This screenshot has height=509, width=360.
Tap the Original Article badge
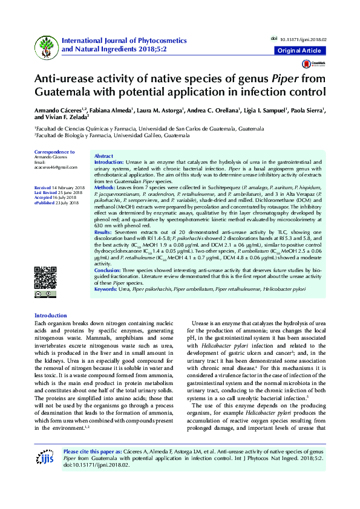[x=299, y=51]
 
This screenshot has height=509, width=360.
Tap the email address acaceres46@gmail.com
[x=56, y=167]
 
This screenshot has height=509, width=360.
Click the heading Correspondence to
[x=54, y=152]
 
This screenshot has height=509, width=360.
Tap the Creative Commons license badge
[x=38, y=294]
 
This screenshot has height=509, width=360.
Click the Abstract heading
[x=104, y=157]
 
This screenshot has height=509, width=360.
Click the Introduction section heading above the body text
[x=51, y=316]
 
